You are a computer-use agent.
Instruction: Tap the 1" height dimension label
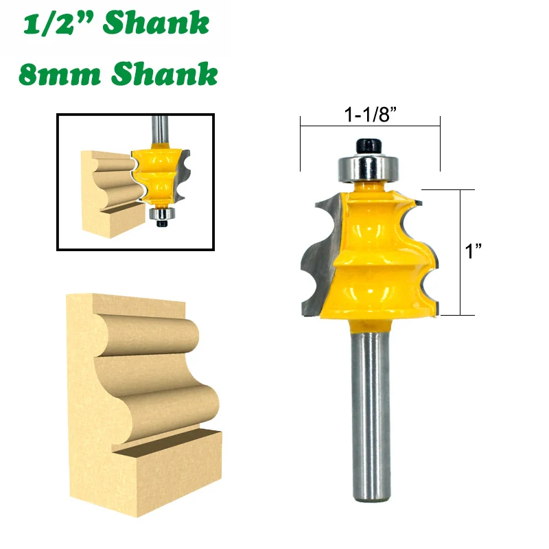tap(473, 252)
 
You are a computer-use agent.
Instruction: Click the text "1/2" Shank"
tap(116, 25)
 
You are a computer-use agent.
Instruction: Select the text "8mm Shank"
tap(117, 73)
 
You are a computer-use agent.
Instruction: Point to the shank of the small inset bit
tap(159, 126)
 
